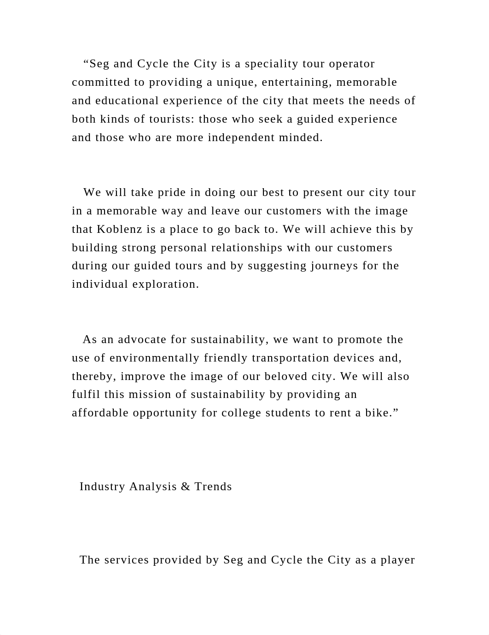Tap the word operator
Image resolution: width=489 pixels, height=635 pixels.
351,64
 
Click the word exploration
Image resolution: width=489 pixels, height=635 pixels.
166,284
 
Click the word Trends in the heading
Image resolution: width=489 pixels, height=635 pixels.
213,487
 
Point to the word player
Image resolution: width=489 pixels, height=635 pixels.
398,560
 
